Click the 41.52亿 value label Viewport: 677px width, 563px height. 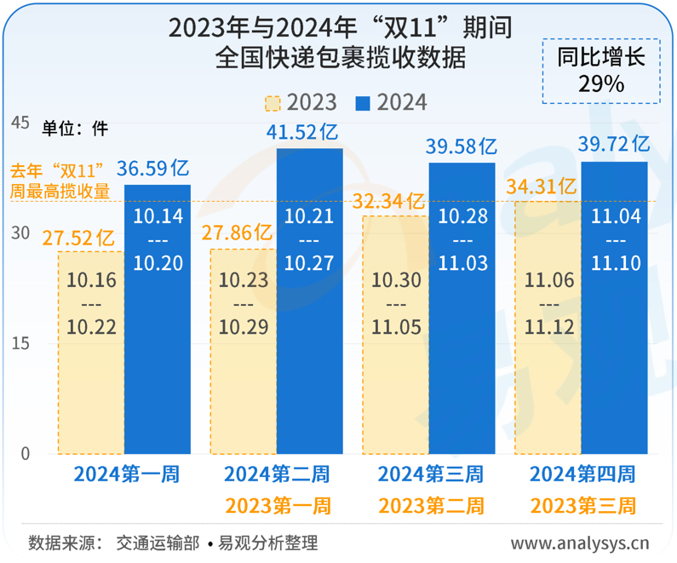coord(309,132)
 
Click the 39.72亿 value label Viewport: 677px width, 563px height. coord(614,144)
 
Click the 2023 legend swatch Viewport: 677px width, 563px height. coord(273,103)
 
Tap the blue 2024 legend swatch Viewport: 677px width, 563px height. coord(363,103)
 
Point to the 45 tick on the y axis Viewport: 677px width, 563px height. coord(19,123)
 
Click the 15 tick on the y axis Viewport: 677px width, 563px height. coord(19,343)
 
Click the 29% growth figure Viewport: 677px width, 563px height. coord(601,83)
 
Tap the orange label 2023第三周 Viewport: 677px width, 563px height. coord(583,506)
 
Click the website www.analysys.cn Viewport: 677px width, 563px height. coord(580,543)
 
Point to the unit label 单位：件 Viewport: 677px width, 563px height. coord(76,128)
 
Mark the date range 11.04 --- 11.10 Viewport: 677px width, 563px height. coord(614,240)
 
